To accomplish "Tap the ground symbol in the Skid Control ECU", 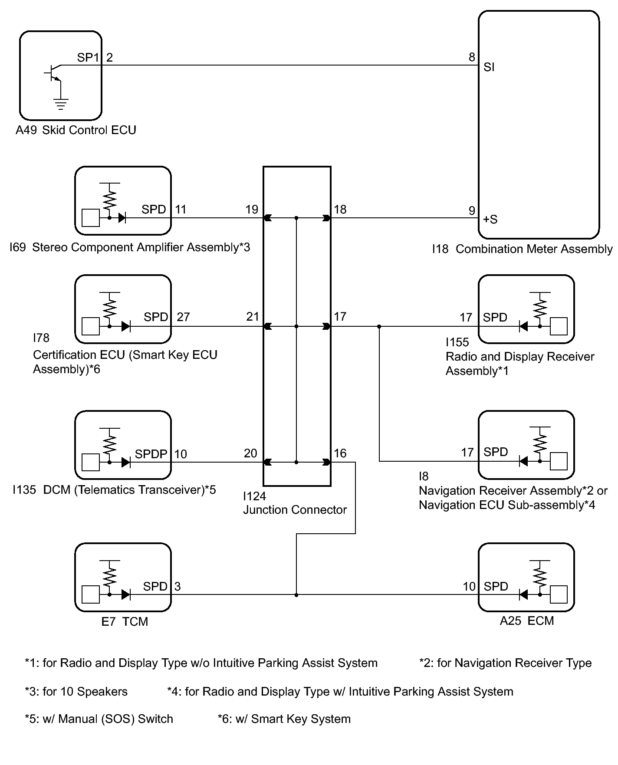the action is pyautogui.click(x=61, y=105).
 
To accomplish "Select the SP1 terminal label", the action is pyautogui.click(x=88, y=57).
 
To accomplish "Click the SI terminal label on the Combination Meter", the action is pyautogui.click(x=489, y=67).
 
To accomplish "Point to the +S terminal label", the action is pyautogui.click(x=490, y=219).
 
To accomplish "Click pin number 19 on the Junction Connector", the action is pyautogui.click(x=252, y=210).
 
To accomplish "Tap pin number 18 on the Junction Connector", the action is pyautogui.click(x=340, y=210).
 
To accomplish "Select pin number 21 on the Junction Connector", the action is pyautogui.click(x=253, y=317).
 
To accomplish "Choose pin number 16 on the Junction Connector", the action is pyautogui.click(x=340, y=453).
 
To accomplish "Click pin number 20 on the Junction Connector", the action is pyautogui.click(x=250, y=453).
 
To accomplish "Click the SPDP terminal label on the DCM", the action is pyautogui.click(x=151, y=454).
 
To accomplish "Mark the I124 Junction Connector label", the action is pyautogui.click(x=295, y=503).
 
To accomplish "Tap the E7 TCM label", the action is pyautogui.click(x=125, y=622).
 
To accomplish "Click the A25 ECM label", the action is pyautogui.click(x=527, y=621).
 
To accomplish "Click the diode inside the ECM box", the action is pyautogui.click(x=523, y=594).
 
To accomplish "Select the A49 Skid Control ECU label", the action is pyautogui.click(x=76, y=130).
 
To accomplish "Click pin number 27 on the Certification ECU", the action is pyautogui.click(x=183, y=317).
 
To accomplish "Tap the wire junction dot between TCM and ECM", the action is pyautogui.click(x=296, y=595).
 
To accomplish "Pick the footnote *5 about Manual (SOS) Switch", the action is pyautogui.click(x=99, y=719).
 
